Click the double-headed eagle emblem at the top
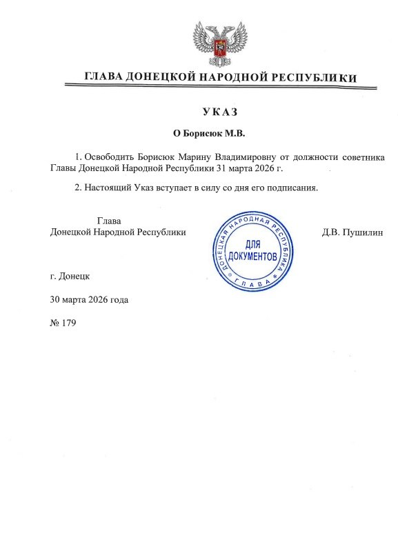[219, 43]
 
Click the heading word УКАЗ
[219, 112]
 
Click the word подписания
[292, 188]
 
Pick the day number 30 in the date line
[56, 299]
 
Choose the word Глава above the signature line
[109, 221]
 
